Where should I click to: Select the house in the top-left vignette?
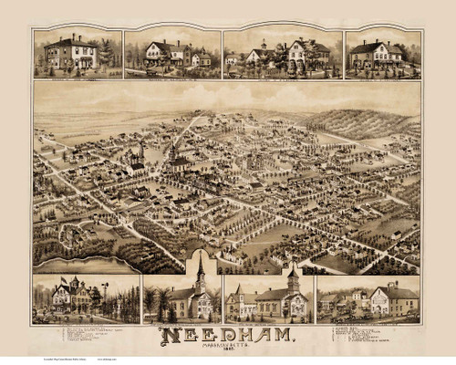pyautogui.click(x=72, y=54)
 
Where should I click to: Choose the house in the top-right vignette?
pyautogui.click(x=377, y=53)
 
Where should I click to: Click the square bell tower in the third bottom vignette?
pyautogui.click(x=293, y=283)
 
